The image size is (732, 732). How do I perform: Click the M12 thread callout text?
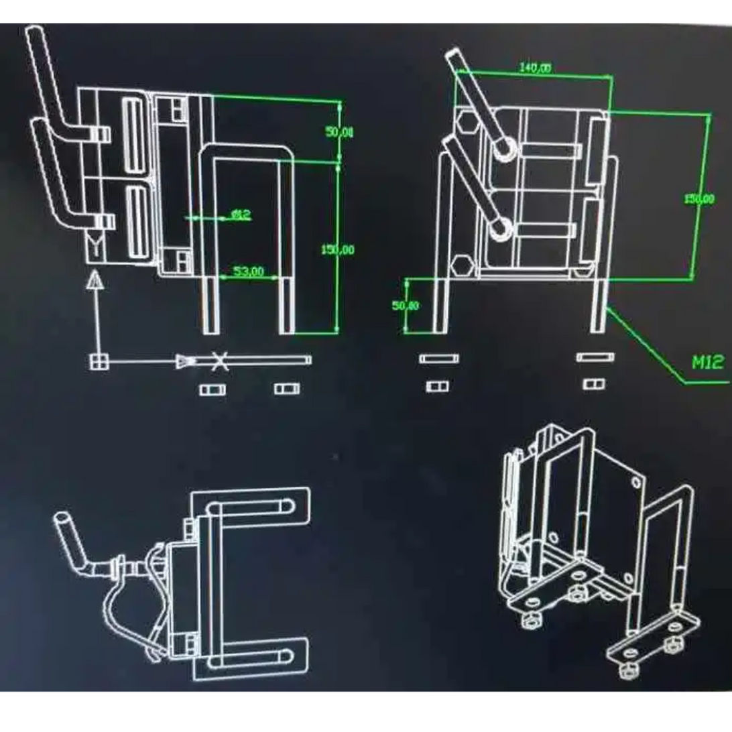(708, 363)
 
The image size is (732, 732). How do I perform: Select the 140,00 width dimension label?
(535, 67)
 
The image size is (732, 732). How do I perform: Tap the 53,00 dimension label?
(248, 271)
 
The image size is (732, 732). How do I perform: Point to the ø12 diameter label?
(240, 214)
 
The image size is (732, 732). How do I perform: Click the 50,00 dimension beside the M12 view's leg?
(405, 306)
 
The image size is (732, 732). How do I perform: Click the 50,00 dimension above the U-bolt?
(340, 131)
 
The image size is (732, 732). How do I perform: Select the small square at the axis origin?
(97, 361)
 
